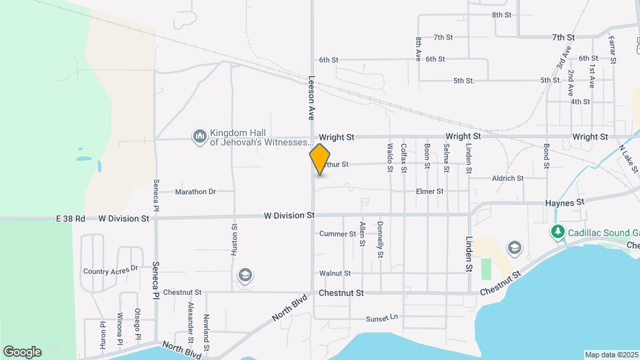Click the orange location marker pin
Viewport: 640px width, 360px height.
tap(320, 159)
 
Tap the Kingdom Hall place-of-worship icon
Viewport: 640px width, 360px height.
tap(199, 137)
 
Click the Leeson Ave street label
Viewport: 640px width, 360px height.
tap(311, 97)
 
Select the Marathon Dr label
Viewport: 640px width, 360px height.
tap(195, 192)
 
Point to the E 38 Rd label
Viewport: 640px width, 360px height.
tap(71, 218)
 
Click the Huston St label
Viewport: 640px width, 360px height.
tap(235, 238)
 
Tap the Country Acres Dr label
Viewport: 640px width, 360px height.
tap(110, 271)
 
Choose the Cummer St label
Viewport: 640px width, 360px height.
tap(337, 234)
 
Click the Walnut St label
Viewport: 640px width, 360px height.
tap(335, 273)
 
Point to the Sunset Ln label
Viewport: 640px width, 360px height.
tap(382, 318)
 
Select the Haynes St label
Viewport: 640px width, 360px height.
tap(564, 201)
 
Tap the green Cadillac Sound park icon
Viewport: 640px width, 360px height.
tap(557, 232)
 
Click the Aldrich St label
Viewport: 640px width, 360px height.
tap(508, 179)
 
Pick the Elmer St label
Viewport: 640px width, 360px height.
tap(429, 191)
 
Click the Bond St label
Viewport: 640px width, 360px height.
tap(546, 155)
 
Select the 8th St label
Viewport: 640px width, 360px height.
tap(501, 15)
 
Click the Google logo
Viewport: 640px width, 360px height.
tap(22, 351)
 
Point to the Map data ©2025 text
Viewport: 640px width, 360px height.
tap(611, 355)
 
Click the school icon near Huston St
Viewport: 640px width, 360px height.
tap(245, 275)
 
